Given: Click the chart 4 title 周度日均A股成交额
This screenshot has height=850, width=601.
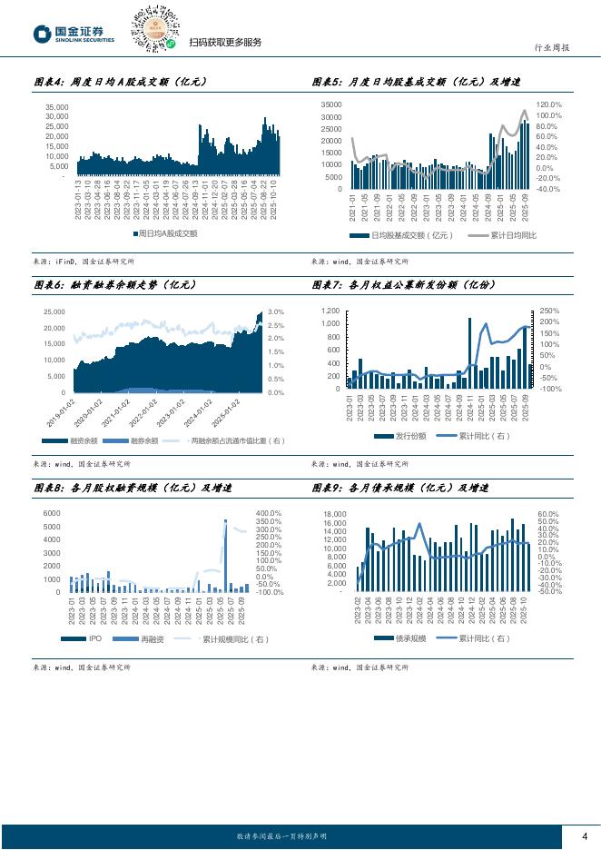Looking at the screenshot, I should (x=120, y=82).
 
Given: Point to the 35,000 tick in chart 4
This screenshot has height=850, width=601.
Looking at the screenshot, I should (x=56, y=107).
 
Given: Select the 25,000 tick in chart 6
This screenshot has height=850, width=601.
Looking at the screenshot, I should (x=54, y=312).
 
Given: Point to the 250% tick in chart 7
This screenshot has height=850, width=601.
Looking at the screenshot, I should (x=549, y=311).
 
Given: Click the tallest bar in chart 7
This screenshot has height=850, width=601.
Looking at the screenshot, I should (x=469, y=352).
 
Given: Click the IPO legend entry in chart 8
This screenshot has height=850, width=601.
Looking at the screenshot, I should (x=94, y=640).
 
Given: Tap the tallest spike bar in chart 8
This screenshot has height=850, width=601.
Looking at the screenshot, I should (x=225, y=554).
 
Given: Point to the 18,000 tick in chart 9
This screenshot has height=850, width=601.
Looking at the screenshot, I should (x=335, y=515).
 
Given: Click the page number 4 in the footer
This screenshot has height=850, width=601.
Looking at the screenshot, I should (x=585, y=836).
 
